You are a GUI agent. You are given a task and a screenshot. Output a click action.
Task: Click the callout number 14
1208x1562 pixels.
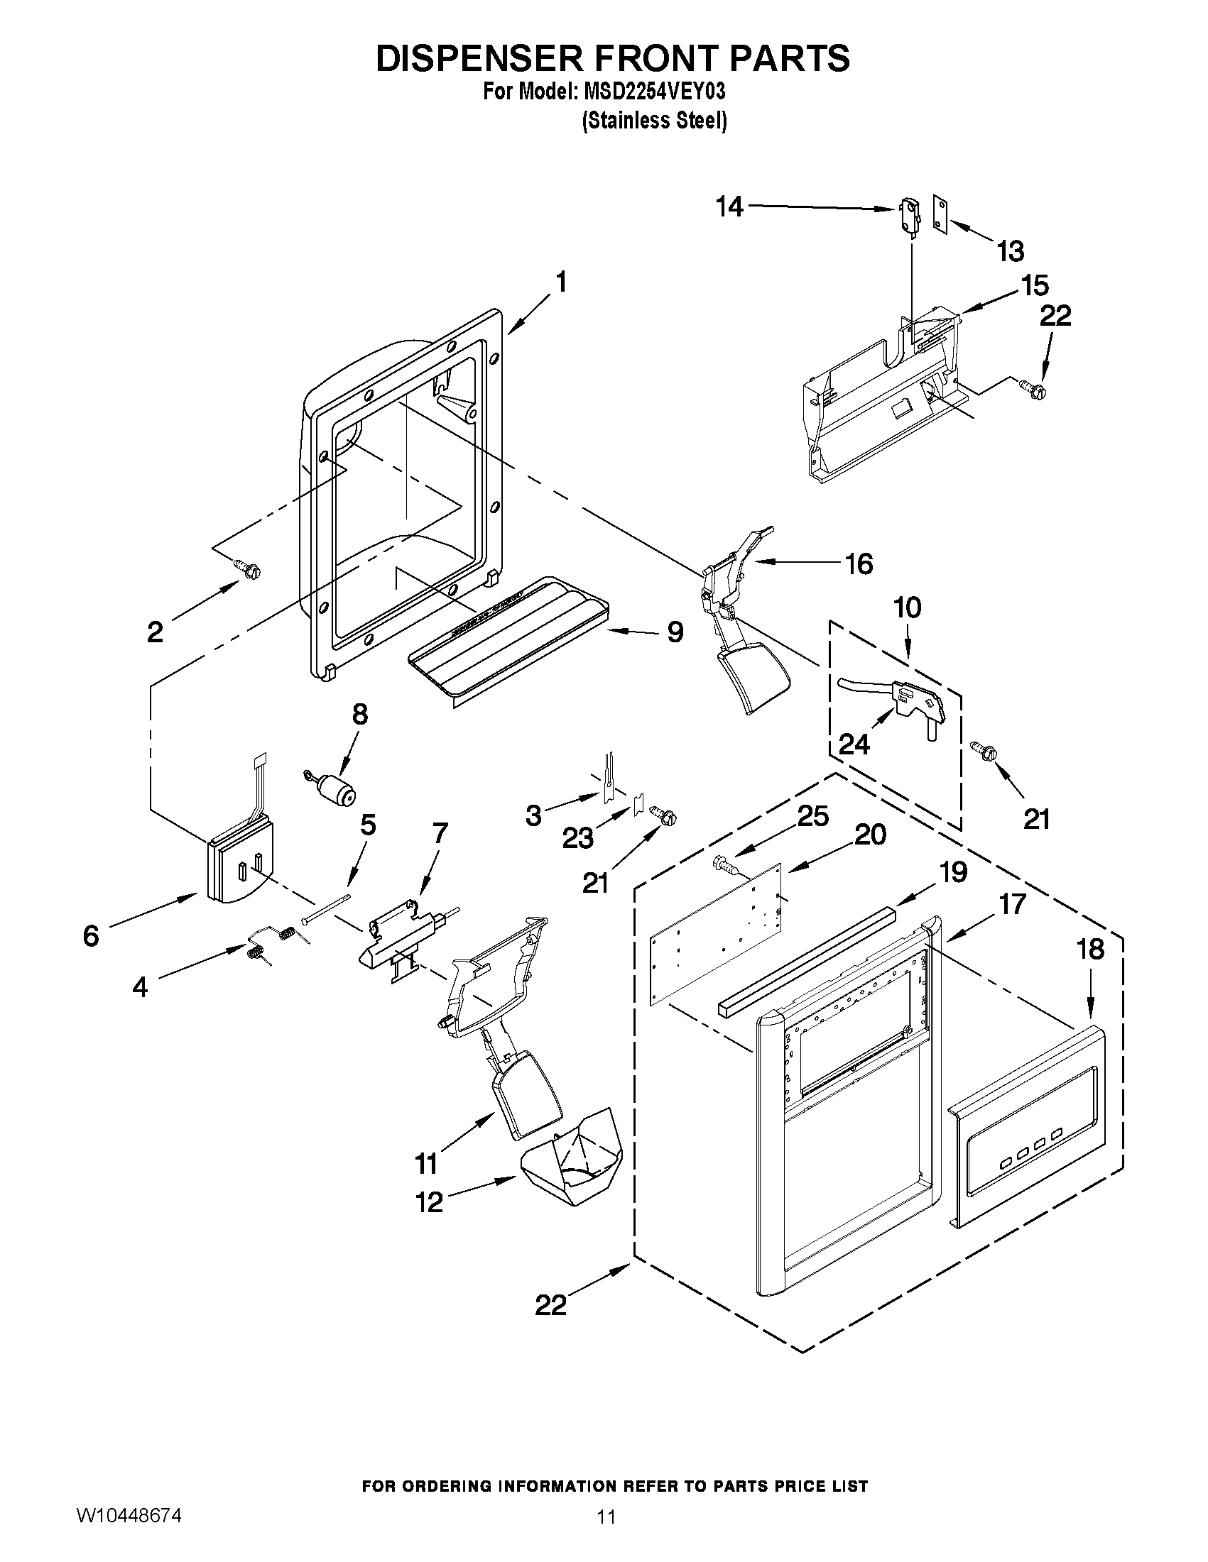tap(729, 207)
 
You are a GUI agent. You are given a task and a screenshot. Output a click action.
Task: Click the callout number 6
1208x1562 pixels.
tap(91, 935)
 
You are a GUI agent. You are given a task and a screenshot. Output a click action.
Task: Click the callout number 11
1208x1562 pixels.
tap(427, 1165)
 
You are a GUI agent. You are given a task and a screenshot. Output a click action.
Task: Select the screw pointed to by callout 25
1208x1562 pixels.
tap(723, 867)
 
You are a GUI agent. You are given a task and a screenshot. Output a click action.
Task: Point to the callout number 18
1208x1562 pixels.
tap(1090, 949)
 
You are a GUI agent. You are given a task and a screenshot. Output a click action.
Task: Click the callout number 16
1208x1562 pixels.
tap(859, 563)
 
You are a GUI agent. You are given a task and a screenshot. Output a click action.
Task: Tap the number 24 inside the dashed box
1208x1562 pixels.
tap(854, 744)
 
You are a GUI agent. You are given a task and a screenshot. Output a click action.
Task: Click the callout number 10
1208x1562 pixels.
tap(908, 608)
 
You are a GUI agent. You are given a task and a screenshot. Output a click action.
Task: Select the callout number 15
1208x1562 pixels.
tap(1035, 285)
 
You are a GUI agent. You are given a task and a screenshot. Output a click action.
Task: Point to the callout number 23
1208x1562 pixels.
tap(577, 837)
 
